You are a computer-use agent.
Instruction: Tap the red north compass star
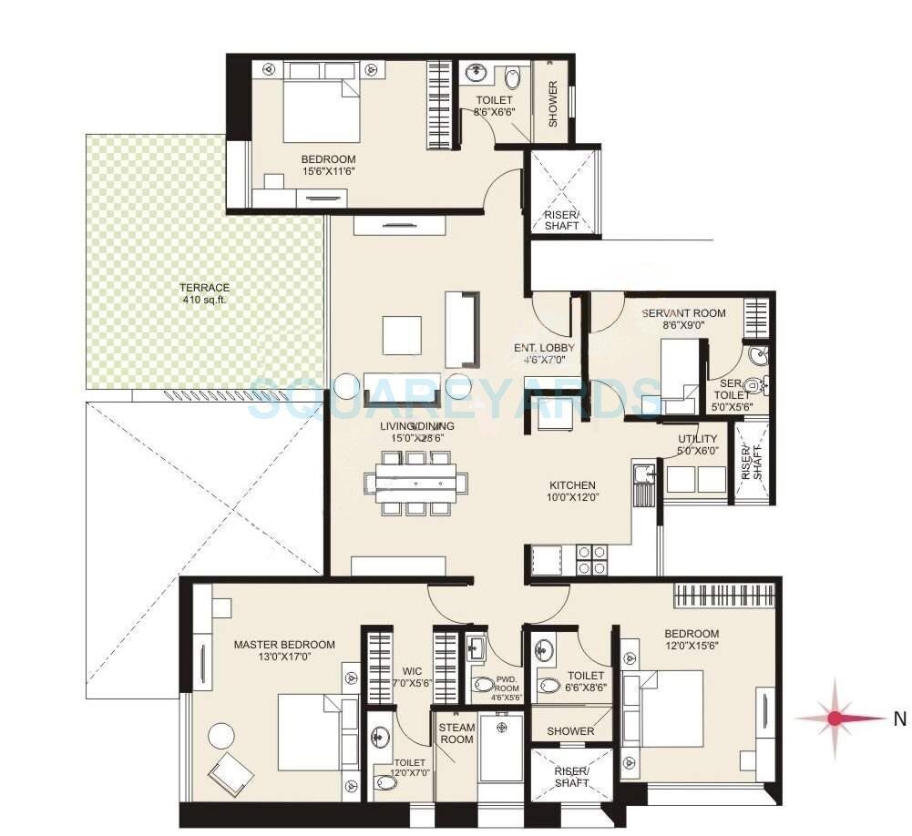835,719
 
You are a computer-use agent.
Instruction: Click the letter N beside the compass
899,719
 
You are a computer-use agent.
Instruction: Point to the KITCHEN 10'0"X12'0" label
571,492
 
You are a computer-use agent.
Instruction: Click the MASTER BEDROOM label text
283,645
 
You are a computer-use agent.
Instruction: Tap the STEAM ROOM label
456,733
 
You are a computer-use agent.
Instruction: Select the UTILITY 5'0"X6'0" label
698,444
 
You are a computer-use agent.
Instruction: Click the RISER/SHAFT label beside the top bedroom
561,219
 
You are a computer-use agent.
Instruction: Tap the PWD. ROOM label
507,685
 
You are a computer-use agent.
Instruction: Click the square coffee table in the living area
402,334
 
